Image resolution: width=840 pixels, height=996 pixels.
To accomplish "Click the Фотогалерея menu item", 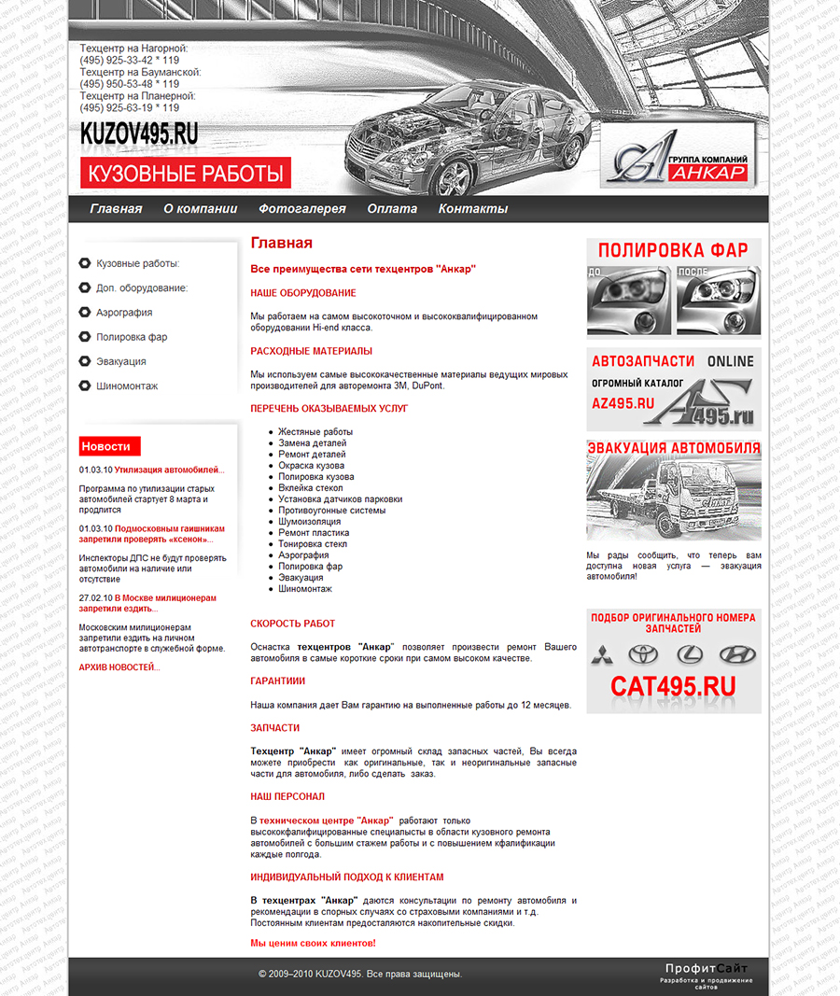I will pyautogui.click(x=302, y=209).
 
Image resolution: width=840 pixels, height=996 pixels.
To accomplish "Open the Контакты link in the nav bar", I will pyautogui.click(x=473, y=209).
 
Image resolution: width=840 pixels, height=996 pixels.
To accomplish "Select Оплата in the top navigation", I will pyautogui.click(x=392, y=209).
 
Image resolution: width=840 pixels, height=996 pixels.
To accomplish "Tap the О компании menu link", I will pyautogui.click(x=200, y=209).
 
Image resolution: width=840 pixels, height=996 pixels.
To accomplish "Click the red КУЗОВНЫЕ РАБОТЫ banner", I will pyautogui.click(x=186, y=174).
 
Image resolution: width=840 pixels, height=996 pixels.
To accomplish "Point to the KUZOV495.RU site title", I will pyautogui.click(x=139, y=133).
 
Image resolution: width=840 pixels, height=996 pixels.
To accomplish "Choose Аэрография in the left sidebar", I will pyautogui.click(x=124, y=313).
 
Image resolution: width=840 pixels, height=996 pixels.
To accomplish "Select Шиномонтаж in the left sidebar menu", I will pyautogui.click(x=127, y=386).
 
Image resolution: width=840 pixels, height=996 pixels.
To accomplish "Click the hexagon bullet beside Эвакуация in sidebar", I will pyautogui.click(x=85, y=361).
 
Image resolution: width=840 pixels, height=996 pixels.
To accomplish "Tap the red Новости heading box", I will pyautogui.click(x=109, y=446).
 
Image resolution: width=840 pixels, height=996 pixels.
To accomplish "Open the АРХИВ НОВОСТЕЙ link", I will pyautogui.click(x=119, y=667).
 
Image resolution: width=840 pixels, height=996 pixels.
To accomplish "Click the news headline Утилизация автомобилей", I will pyautogui.click(x=169, y=470).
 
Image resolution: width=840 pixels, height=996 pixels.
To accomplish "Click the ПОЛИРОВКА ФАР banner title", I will pyautogui.click(x=673, y=250).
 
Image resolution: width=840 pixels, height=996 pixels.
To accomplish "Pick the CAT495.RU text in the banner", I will pyautogui.click(x=673, y=686).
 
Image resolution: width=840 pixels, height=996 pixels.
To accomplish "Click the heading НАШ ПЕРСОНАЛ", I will pyautogui.click(x=287, y=796).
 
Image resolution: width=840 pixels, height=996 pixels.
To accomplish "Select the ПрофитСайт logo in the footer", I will pyautogui.click(x=706, y=969).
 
